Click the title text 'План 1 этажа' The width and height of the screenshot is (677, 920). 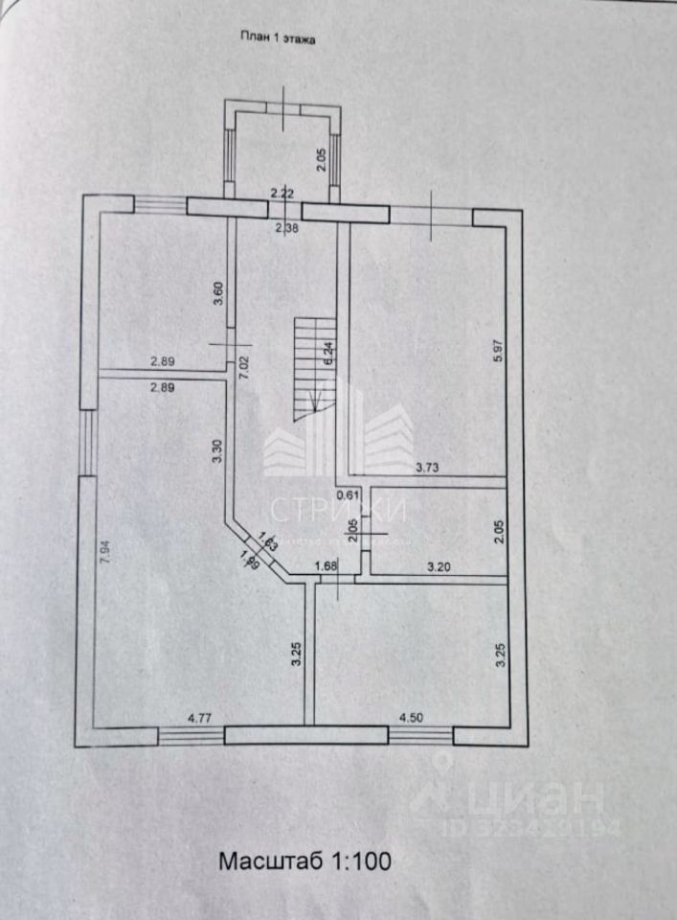(x=277, y=39)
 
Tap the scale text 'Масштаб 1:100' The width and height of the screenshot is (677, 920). (x=305, y=861)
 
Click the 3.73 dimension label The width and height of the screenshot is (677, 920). (x=428, y=468)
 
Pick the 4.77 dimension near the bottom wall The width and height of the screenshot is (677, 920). (x=199, y=715)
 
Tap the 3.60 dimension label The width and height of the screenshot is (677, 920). (x=218, y=293)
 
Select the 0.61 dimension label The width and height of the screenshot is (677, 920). (x=349, y=495)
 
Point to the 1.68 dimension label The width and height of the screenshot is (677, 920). (x=327, y=564)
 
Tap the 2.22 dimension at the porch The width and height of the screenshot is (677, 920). (x=282, y=194)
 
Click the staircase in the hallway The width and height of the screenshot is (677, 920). (x=312, y=364)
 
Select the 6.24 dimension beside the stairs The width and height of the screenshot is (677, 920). (x=328, y=355)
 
